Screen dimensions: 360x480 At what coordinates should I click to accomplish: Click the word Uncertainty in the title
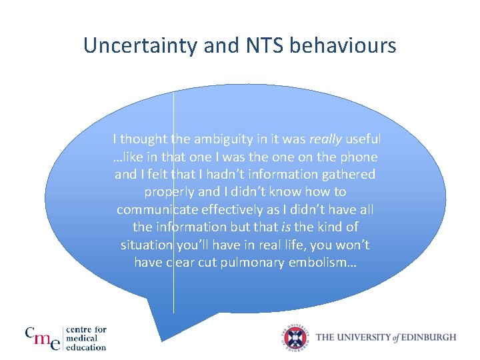point(135,45)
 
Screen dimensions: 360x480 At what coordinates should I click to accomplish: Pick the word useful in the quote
point(363,139)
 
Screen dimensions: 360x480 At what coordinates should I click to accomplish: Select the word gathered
point(349,175)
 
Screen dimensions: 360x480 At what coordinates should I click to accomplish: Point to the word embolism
point(323,263)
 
